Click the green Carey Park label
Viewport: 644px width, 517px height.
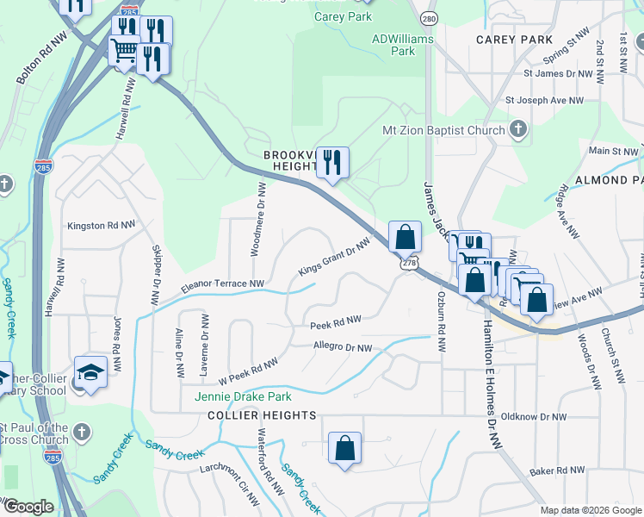pos(343,16)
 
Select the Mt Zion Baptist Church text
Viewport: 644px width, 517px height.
pos(443,130)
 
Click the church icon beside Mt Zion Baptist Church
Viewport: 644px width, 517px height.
pos(517,130)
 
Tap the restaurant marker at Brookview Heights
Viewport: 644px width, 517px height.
pos(331,162)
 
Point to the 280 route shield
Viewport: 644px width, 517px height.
pos(428,18)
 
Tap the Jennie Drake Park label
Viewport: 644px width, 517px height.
pos(243,396)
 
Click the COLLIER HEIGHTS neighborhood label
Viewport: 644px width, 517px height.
pos(262,415)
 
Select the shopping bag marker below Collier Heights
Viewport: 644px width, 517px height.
pos(344,448)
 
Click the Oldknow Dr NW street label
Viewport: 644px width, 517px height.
pos(534,416)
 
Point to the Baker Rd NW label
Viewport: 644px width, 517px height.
pos(557,471)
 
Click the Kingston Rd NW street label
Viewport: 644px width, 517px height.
pos(102,225)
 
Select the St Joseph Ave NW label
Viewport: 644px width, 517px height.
pos(544,100)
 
